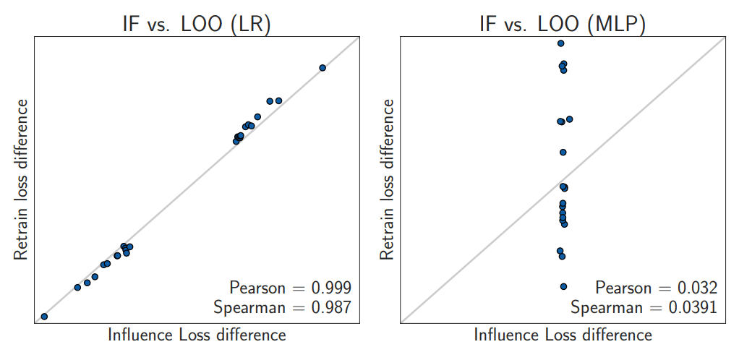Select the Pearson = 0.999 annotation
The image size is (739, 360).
point(290,288)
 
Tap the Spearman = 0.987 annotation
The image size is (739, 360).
point(282,307)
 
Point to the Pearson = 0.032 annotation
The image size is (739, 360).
point(656,288)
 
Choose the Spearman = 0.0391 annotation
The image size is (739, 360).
point(644,307)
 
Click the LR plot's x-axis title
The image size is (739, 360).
point(197,335)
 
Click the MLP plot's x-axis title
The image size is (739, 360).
point(563,335)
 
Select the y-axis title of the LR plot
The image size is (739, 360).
point(22,179)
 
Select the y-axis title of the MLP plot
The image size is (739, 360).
point(388,179)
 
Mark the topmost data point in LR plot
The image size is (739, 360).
point(322,68)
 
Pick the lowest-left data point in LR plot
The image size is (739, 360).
point(44,317)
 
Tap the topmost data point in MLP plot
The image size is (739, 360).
point(560,43)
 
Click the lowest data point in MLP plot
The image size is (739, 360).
point(563,286)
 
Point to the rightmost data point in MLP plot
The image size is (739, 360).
point(570,119)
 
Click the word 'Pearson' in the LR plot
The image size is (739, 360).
point(257,288)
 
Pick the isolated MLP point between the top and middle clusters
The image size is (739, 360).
point(563,153)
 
